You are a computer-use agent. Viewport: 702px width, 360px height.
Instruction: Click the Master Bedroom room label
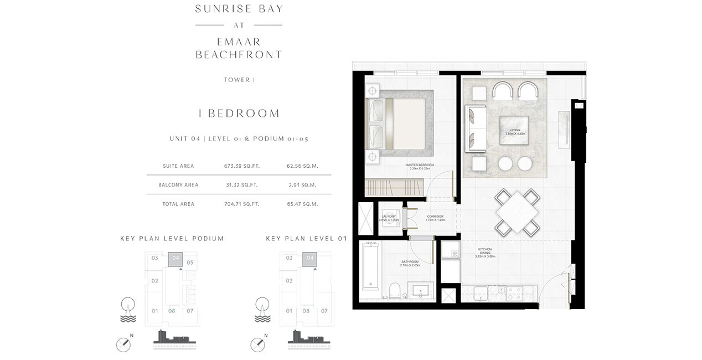pyautogui.click(x=419, y=167)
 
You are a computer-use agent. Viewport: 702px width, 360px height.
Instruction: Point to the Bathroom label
pyautogui.click(x=410, y=263)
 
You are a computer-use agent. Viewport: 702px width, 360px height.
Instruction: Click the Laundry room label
pyautogui.click(x=388, y=218)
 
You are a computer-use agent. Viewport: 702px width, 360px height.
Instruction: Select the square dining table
pyautogui.click(x=516, y=212)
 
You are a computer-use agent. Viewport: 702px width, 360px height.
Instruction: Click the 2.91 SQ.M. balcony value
pyautogui.click(x=302, y=185)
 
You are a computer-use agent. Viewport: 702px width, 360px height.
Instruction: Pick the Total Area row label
pyautogui.click(x=179, y=204)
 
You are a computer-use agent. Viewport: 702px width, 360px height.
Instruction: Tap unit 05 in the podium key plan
pyautogui.click(x=190, y=262)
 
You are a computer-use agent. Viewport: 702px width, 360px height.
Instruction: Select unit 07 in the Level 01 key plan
pyautogui.click(x=324, y=311)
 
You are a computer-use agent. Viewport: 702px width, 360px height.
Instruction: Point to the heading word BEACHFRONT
pyautogui.click(x=239, y=54)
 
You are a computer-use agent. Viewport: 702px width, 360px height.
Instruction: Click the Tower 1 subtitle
pyautogui.click(x=239, y=80)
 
